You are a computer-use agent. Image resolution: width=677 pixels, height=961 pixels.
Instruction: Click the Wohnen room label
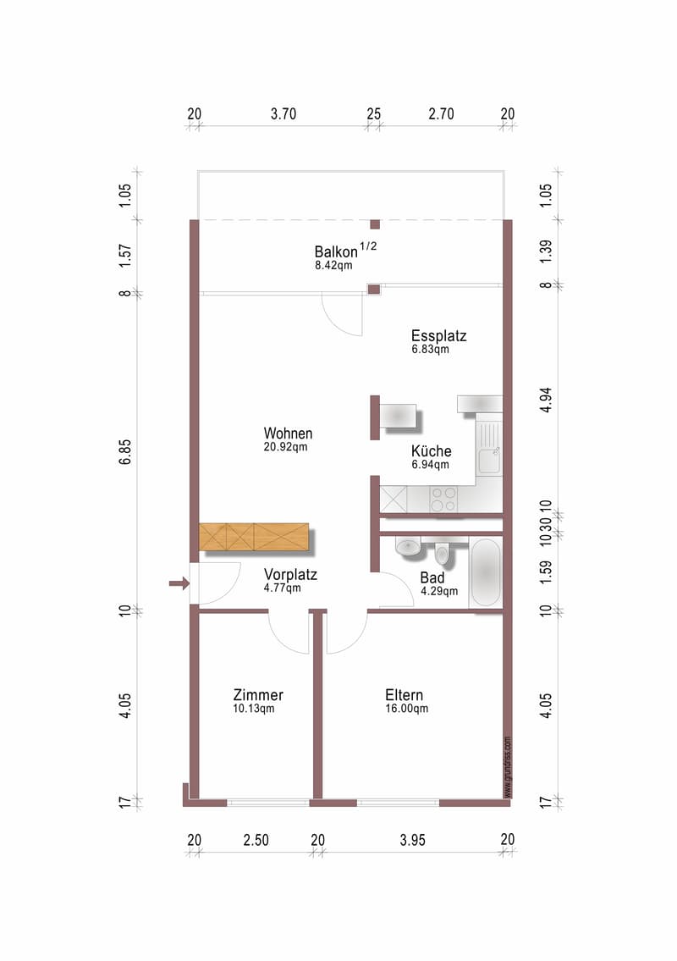(x=288, y=434)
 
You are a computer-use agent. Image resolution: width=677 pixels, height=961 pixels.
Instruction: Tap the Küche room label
(x=432, y=451)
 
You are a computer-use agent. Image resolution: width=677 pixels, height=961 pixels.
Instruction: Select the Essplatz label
(x=438, y=336)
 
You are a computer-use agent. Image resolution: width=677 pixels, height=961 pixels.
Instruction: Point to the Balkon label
(x=336, y=252)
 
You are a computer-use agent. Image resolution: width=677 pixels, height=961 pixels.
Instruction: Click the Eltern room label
(x=404, y=695)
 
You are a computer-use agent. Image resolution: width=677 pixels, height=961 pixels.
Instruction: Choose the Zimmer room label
(x=258, y=695)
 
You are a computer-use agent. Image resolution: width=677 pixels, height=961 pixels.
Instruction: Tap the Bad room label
(x=432, y=577)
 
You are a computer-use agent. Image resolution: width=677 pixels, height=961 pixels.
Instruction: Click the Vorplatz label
(x=290, y=575)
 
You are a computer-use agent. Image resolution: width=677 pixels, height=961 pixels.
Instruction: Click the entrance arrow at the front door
(x=179, y=583)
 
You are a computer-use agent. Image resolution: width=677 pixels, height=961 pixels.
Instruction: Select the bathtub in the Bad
(x=487, y=572)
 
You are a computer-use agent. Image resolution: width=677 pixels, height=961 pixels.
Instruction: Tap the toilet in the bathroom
(x=442, y=554)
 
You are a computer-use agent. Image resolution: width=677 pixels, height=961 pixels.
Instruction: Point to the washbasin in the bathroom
(x=407, y=546)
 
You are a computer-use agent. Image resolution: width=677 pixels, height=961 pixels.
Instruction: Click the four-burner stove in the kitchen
(x=443, y=499)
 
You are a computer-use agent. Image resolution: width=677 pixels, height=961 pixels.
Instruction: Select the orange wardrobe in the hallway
(x=254, y=537)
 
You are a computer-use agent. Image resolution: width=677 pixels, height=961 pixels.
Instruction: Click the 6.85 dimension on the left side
(x=125, y=452)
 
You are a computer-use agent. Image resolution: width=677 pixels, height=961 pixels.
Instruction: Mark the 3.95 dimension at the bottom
(x=412, y=840)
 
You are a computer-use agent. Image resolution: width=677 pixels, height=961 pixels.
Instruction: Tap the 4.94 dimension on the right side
(x=546, y=400)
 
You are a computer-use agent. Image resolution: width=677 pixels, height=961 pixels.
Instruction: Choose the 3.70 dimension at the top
(x=283, y=114)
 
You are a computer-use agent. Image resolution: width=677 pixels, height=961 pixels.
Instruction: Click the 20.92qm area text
(x=285, y=447)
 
